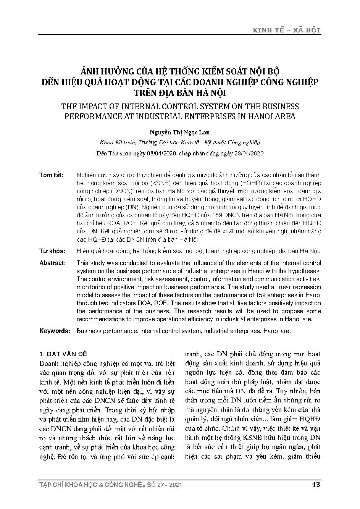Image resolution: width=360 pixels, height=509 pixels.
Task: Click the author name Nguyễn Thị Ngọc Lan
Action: click(180, 133)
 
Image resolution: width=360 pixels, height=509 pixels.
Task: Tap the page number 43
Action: click(316, 485)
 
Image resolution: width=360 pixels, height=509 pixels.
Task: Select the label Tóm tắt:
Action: click(51, 175)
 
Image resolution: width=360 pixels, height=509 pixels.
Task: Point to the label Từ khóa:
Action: click(52, 251)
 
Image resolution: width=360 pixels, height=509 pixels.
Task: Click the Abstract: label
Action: click(52, 263)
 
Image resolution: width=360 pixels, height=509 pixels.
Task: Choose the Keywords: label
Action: click(55, 331)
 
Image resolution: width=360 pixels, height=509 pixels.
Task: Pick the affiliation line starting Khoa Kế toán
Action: click(179, 142)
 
